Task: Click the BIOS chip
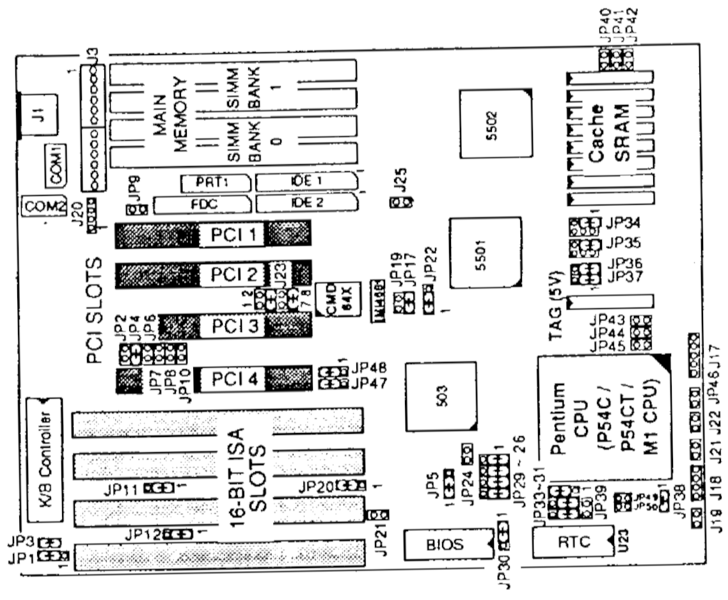(x=444, y=545)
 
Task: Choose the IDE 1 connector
(x=305, y=182)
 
